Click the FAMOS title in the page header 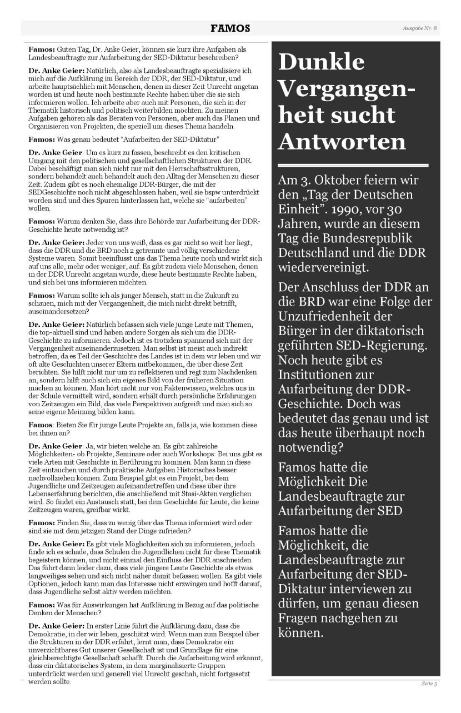pos(230,28)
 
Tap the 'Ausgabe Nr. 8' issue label pos(420,28)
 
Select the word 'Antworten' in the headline pos(342,142)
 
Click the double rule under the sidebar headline pos(353,165)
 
